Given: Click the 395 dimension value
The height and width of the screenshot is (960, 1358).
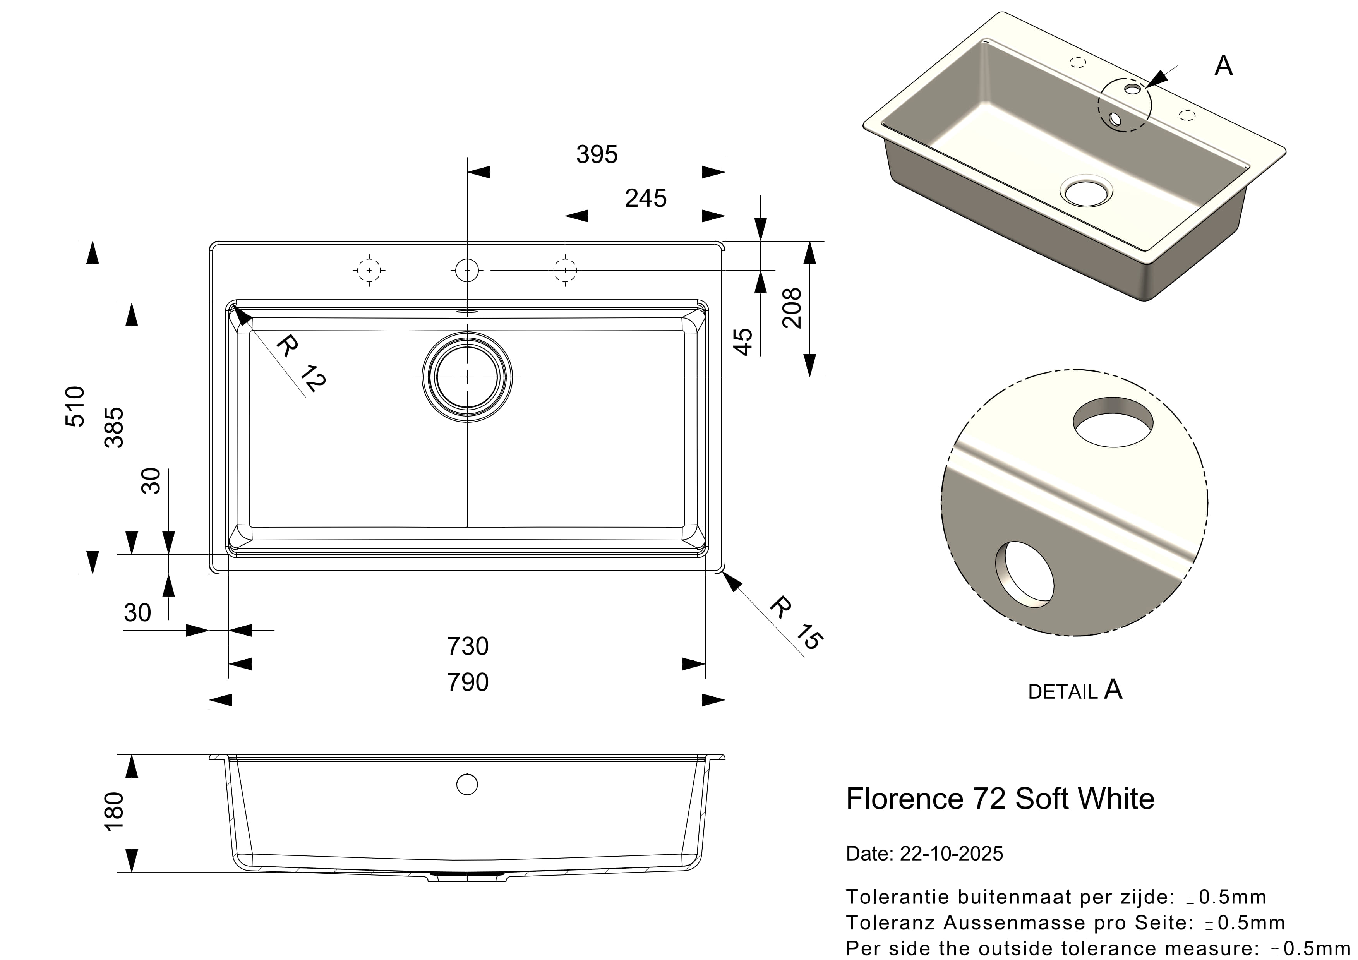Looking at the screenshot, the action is click(x=597, y=155).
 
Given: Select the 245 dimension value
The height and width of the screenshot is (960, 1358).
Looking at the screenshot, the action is click(x=645, y=199).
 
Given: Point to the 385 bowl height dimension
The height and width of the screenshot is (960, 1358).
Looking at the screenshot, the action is click(x=114, y=427).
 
